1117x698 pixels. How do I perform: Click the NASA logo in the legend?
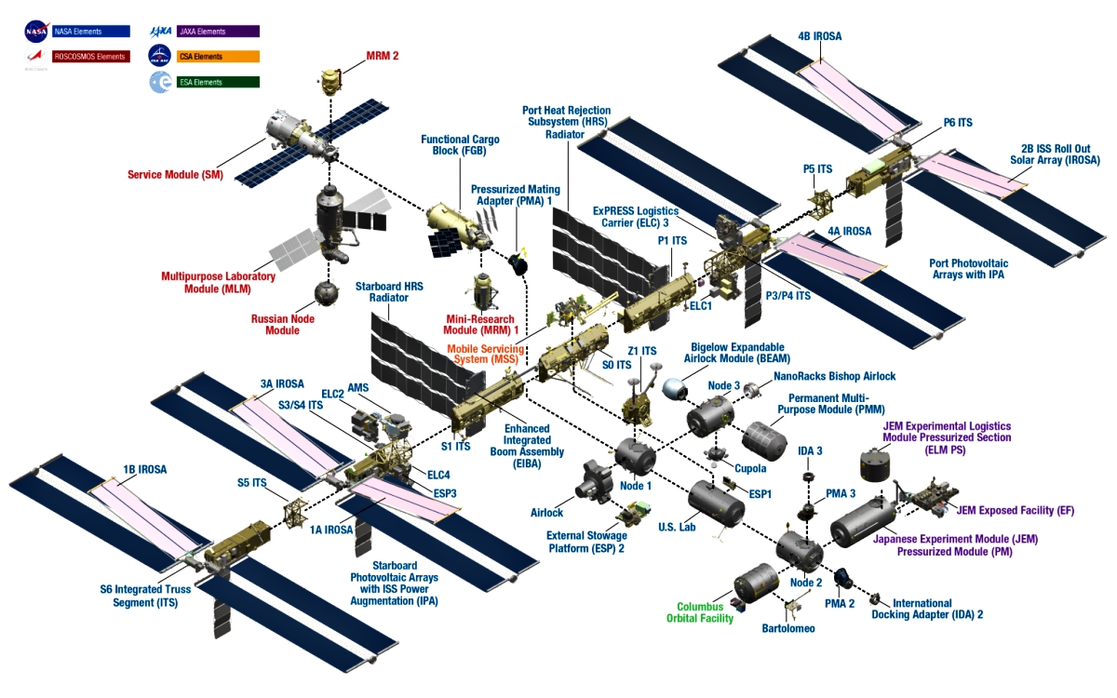point(36,32)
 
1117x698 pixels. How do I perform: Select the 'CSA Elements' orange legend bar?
point(217,56)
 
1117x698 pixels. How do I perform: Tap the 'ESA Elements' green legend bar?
point(217,82)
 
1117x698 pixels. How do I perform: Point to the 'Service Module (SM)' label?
point(175,174)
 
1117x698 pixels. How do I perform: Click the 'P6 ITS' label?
point(957,122)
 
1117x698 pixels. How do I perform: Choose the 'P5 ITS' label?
point(817,169)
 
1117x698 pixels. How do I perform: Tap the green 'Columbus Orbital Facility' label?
point(700,612)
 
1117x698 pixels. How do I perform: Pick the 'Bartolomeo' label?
point(788,628)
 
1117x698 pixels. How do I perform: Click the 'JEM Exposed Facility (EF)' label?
point(1018,510)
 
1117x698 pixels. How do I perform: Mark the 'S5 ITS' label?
point(252,482)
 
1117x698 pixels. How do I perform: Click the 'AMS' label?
point(358,387)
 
